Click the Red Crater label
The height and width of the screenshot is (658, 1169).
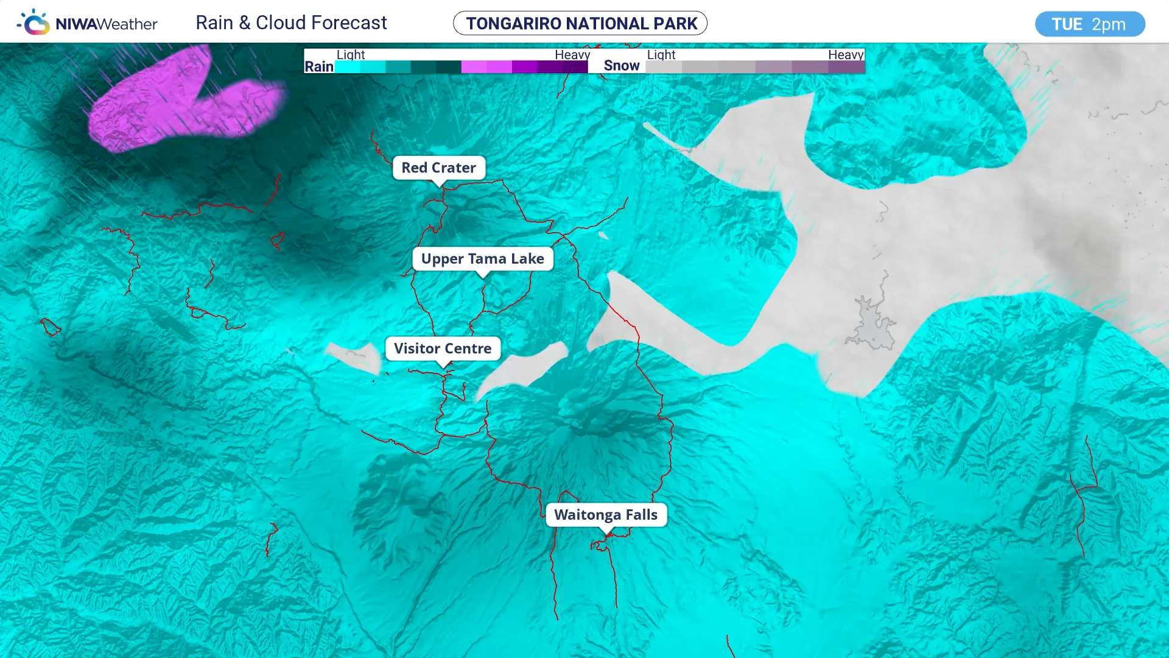point(438,168)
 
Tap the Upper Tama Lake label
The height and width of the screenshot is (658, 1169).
point(482,258)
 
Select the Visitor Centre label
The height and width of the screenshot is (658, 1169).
point(443,348)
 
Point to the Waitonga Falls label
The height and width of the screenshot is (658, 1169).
point(606,515)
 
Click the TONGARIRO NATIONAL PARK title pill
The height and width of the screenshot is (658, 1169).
point(580,23)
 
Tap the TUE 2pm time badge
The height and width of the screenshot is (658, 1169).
point(1089,24)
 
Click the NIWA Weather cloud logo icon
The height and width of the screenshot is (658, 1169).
point(34,23)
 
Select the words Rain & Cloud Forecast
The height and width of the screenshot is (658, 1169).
point(291,23)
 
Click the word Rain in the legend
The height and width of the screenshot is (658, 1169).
point(319,66)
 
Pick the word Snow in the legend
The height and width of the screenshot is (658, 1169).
point(622,66)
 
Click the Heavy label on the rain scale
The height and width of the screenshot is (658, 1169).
point(572,55)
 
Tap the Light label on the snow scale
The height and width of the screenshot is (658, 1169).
point(661,55)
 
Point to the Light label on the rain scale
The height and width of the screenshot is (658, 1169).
point(351,55)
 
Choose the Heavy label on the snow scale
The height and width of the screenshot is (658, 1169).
point(846,55)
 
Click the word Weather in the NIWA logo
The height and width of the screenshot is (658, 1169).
point(127,24)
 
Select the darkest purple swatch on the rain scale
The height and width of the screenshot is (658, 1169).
point(574,67)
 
